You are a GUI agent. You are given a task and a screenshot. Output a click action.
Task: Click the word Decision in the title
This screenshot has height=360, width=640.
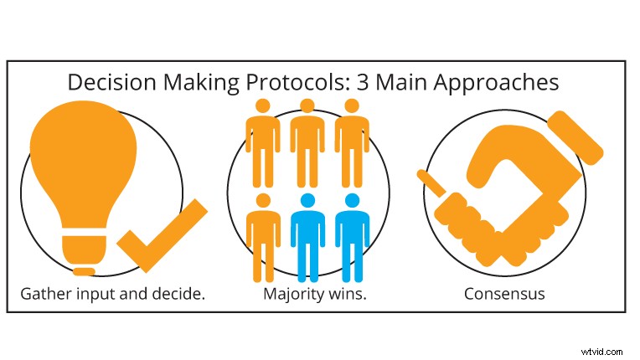pos(106,83)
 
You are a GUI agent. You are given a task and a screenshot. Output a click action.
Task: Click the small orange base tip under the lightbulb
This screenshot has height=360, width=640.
pos(84,271)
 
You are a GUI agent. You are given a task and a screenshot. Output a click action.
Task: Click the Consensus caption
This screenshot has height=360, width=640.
pos(504,294)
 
